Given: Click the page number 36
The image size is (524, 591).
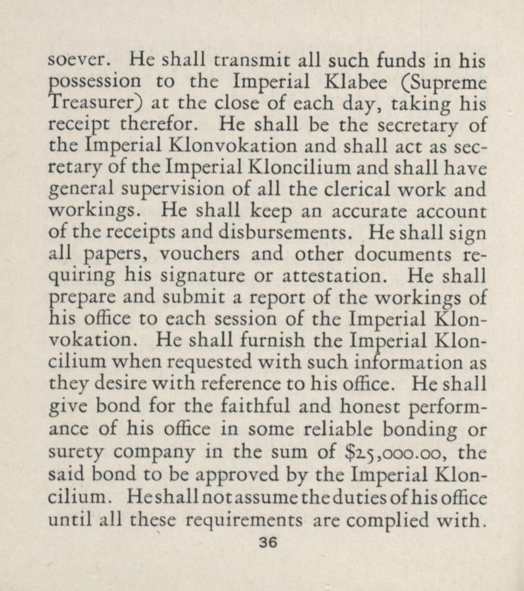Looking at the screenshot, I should [x=268, y=542].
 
